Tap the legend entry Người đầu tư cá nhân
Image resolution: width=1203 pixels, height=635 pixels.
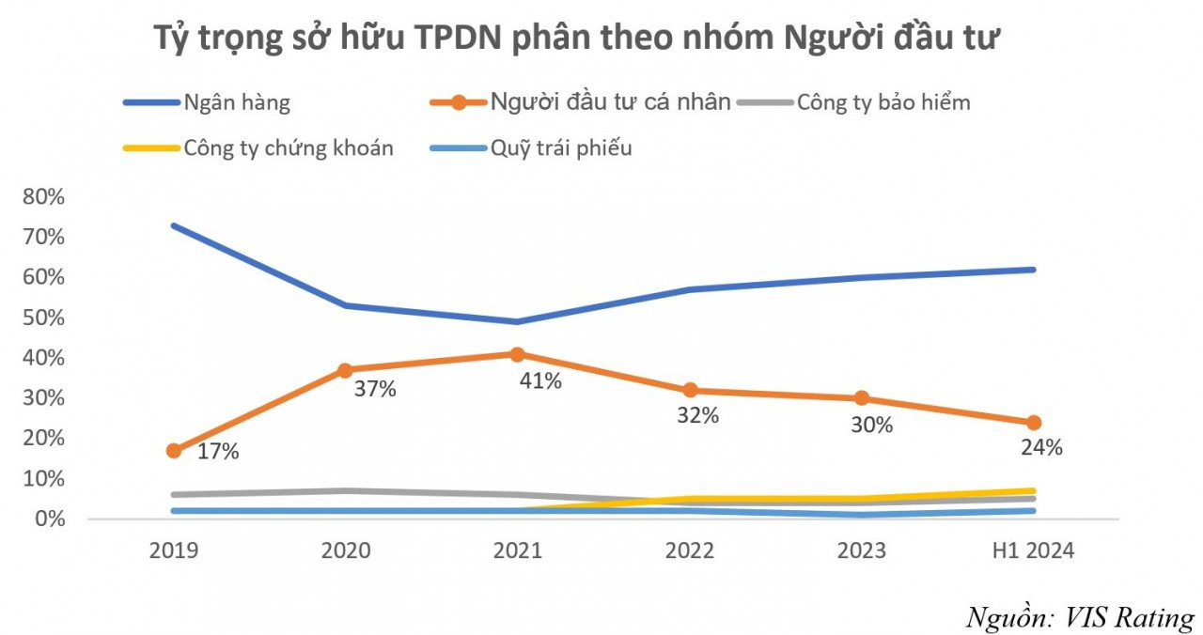click(609, 102)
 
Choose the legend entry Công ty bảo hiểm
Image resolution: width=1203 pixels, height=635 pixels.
click(883, 102)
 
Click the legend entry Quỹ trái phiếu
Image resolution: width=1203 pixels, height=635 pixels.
click(560, 147)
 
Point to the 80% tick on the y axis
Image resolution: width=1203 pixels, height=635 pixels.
click(39, 197)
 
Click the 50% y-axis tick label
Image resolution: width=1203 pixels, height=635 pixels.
click(39, 317)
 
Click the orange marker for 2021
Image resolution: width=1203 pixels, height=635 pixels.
click(517, 354)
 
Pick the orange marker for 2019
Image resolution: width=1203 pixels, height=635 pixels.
click(174, 451)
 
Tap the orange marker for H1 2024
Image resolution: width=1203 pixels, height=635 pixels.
click(1033, 423)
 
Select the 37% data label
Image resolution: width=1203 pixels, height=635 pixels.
click(375, 389)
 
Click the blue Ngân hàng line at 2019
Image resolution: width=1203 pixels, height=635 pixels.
click(174, 225)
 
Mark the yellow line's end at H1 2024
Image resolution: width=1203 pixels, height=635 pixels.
click(1032, 491)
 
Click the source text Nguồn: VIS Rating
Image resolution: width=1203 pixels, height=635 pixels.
click(1080, 617)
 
